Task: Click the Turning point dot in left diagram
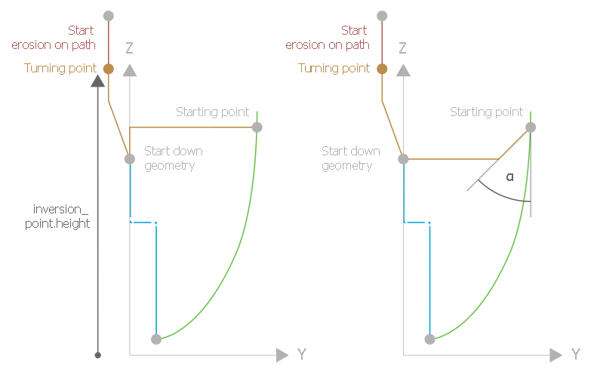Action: coord(108,69)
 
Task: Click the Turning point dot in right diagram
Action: coord(382,69)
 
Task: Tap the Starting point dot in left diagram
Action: coord(257,127)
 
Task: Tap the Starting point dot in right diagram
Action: coord(531,127)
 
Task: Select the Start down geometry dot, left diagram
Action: coord(130,159)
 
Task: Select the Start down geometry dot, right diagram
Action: coord(403,159)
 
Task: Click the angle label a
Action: coord(509,176)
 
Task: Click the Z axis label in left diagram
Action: coord(129,48)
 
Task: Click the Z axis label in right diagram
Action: coord(402,48)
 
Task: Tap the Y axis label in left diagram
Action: coord(301,354)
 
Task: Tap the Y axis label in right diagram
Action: coord(575,354)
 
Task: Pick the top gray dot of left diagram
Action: coord(108,16)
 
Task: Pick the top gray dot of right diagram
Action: coord(382,16)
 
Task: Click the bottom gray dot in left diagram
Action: coord(156,339)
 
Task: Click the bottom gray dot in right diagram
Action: coord(430,339)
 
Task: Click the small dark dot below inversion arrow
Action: coord(97,354)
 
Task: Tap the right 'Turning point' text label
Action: coord(334,69)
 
